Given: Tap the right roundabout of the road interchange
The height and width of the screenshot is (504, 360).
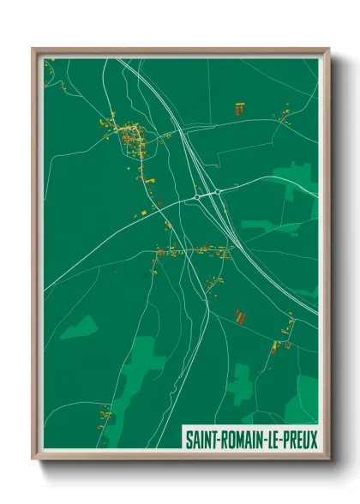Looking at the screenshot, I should point(218,191).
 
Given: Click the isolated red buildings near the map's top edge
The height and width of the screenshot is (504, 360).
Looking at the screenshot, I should point(239,108).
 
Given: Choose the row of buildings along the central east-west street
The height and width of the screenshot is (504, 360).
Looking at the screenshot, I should point(193,251).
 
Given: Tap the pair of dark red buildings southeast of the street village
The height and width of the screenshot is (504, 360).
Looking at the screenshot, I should point(241,317).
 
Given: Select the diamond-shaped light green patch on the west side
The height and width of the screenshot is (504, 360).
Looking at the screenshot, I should point(79,326).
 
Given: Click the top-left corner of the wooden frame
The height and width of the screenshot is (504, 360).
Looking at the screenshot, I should point(33,50).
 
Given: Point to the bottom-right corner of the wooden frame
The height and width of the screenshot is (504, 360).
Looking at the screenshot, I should point(328,459).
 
